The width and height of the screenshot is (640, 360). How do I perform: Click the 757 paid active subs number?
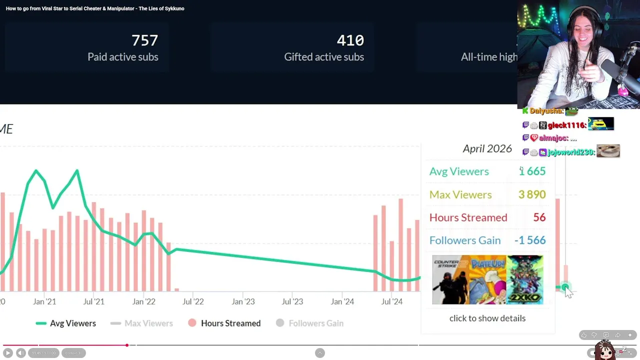click(144, 40)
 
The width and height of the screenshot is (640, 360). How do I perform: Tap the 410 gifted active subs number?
click(350, 40)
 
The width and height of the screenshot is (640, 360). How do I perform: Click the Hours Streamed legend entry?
click(230, 323)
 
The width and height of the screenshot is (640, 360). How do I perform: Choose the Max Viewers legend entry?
click(148, 323)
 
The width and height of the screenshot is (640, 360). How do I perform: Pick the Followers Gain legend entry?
click(315, 323)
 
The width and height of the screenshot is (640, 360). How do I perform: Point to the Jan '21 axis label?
click(44, 301)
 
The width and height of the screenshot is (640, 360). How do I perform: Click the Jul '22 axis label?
click(193, 301)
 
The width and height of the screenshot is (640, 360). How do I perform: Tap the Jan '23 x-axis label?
click(243, 301)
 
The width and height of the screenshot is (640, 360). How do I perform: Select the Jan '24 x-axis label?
click(342, 301)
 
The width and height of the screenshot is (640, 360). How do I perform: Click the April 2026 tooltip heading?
click(487, 148)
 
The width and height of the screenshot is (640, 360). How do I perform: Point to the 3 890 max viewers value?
click(531, 194)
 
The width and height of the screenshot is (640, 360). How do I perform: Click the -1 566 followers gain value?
click(529, 240)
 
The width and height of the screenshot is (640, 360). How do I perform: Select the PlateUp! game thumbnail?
click(488, 279)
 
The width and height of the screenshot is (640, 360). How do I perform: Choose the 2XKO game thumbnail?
click(525, 279)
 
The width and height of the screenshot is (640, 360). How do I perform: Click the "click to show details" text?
click(487, 318)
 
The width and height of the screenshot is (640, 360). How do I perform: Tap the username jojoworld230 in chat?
click(571, 152)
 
